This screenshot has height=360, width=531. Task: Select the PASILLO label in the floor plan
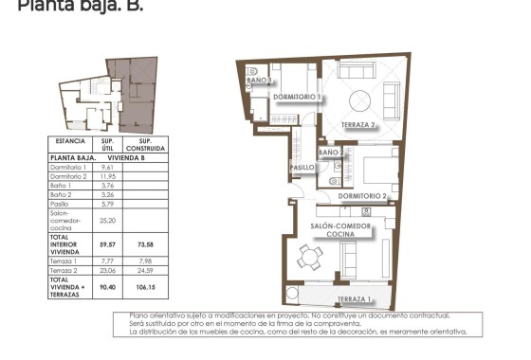click(302, 167)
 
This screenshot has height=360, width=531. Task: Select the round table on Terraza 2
click(360, 99)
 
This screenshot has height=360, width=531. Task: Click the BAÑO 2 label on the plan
click(331, 152)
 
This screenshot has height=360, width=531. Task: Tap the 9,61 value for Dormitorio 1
click(107, 167)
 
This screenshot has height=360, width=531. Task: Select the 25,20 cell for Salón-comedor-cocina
click(107, 218)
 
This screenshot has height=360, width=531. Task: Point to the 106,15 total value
click(146, 285)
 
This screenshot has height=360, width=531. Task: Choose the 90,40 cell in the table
click(107, 285)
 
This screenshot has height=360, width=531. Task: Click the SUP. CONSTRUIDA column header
click(146, 145)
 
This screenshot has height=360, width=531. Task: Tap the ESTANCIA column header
click(71, 141)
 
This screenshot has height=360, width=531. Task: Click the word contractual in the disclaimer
click(439, 315)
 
